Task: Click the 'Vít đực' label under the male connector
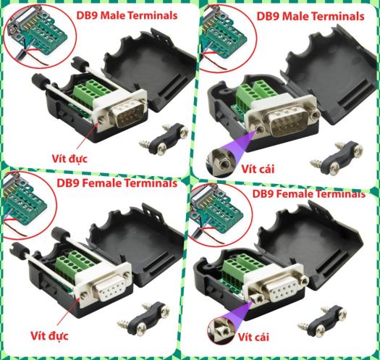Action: [x=69, y=159]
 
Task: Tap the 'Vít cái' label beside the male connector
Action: [x=258, y=169]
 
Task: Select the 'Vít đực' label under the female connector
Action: [x=49, y=336]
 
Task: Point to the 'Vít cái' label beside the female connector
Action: [x=253, y=337]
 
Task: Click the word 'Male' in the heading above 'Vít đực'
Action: [x=113, y=15]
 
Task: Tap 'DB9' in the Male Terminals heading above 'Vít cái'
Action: [x=269, y=17]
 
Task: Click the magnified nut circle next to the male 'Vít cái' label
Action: [x=220, y=162]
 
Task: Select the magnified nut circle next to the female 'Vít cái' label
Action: [x=221, y=330]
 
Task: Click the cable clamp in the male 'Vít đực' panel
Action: [x=164, y=139]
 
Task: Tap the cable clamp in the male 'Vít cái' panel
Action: [x=337, y=158]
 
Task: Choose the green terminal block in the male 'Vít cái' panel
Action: [x=256, y=94]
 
